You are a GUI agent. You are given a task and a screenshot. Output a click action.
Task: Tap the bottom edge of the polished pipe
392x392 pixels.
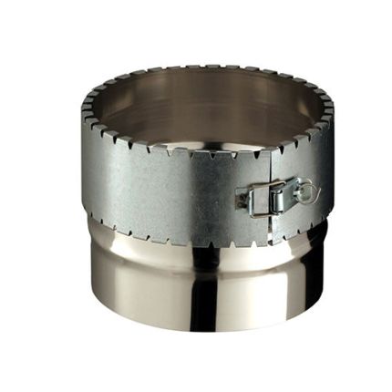point(201,327)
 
